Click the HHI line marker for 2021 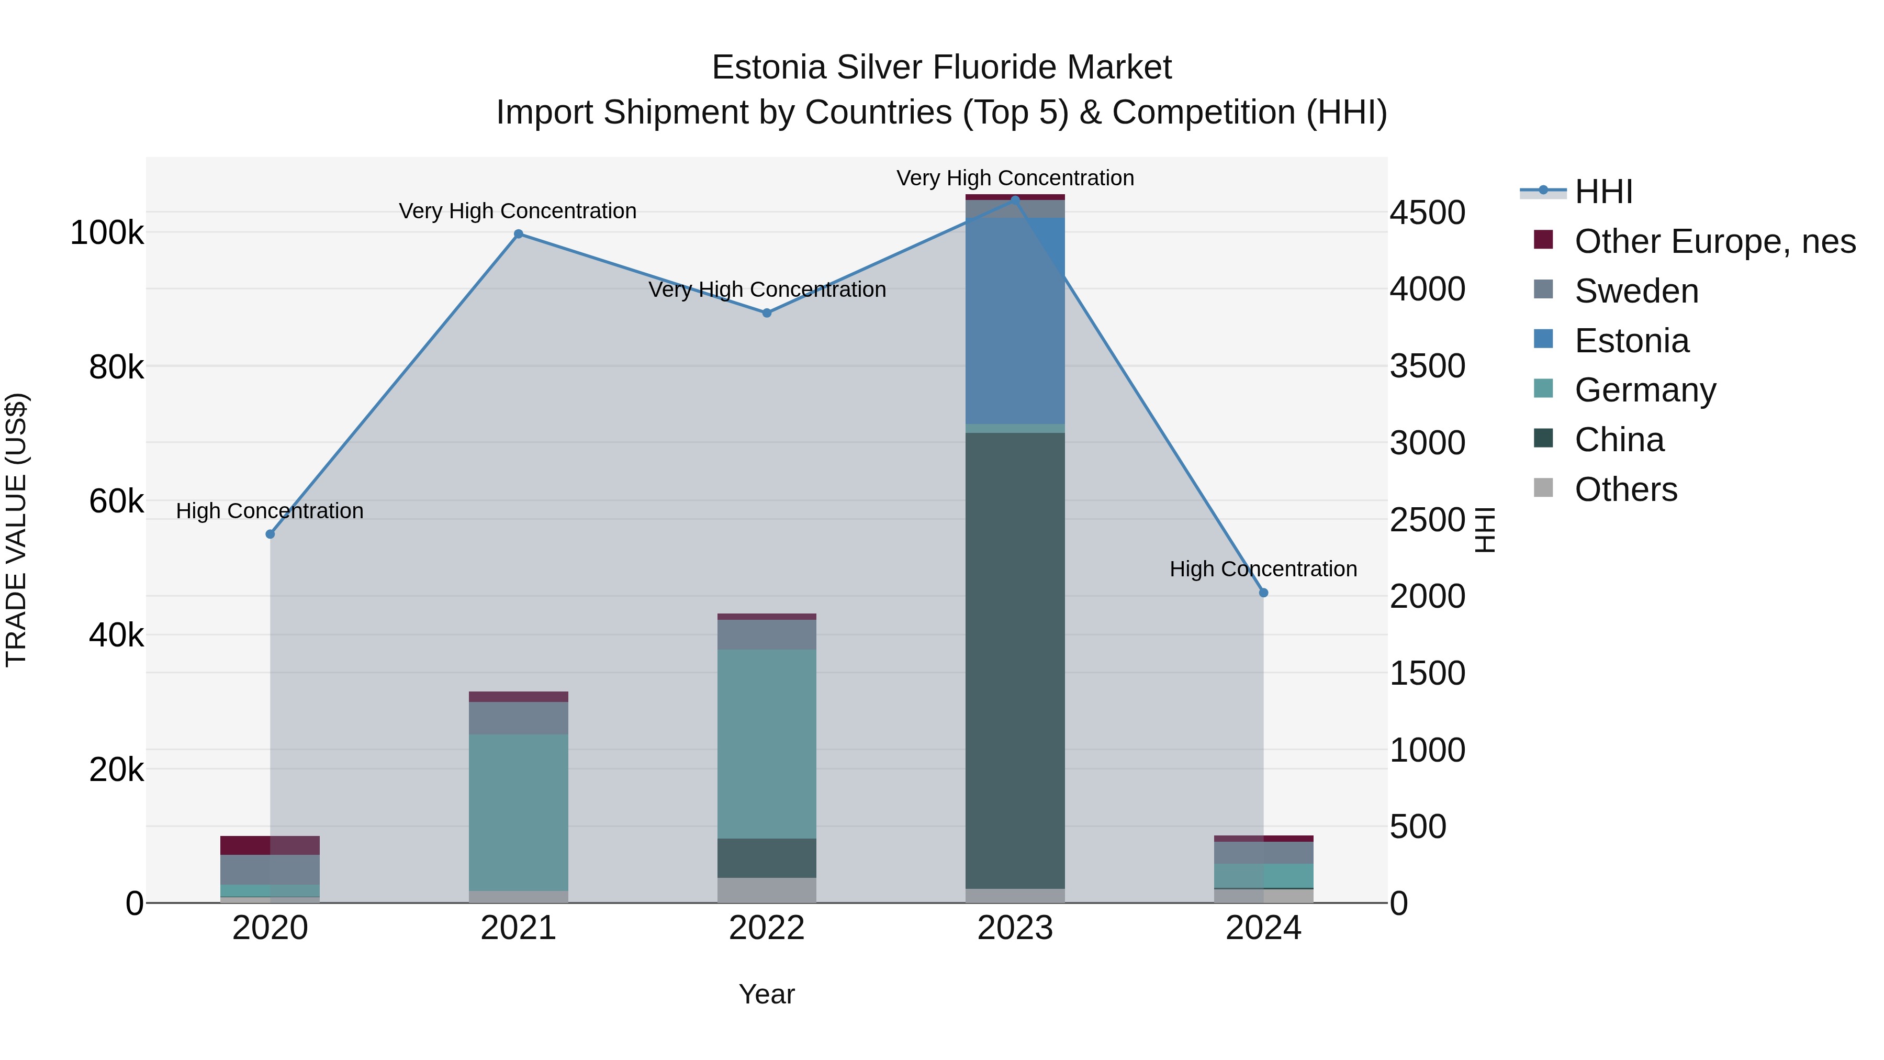pyautogui.click(x=519, y=234)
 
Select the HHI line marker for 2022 pyautogui.click(x=767, y=313)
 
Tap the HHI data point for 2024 pyautogui.click(x=1263, y=593)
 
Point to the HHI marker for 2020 pyautogui.click(x=270, y=534)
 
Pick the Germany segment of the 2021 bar pyautogui.click(x=519, y=812)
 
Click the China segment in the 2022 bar pyautogui.click(x=767, y=857)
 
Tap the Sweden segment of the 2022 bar pyautogui.click(x=767, y=634)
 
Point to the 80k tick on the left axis pyautogui.click(x=116, y=367)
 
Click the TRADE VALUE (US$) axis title pyautogui.click(x=16, y=530)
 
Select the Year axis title pyautogui.click(x=767, y=994)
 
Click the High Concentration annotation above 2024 pyautogui.click(x=1263, y=569)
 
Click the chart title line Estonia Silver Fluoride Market pyautogui.click(x=941, y=68)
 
